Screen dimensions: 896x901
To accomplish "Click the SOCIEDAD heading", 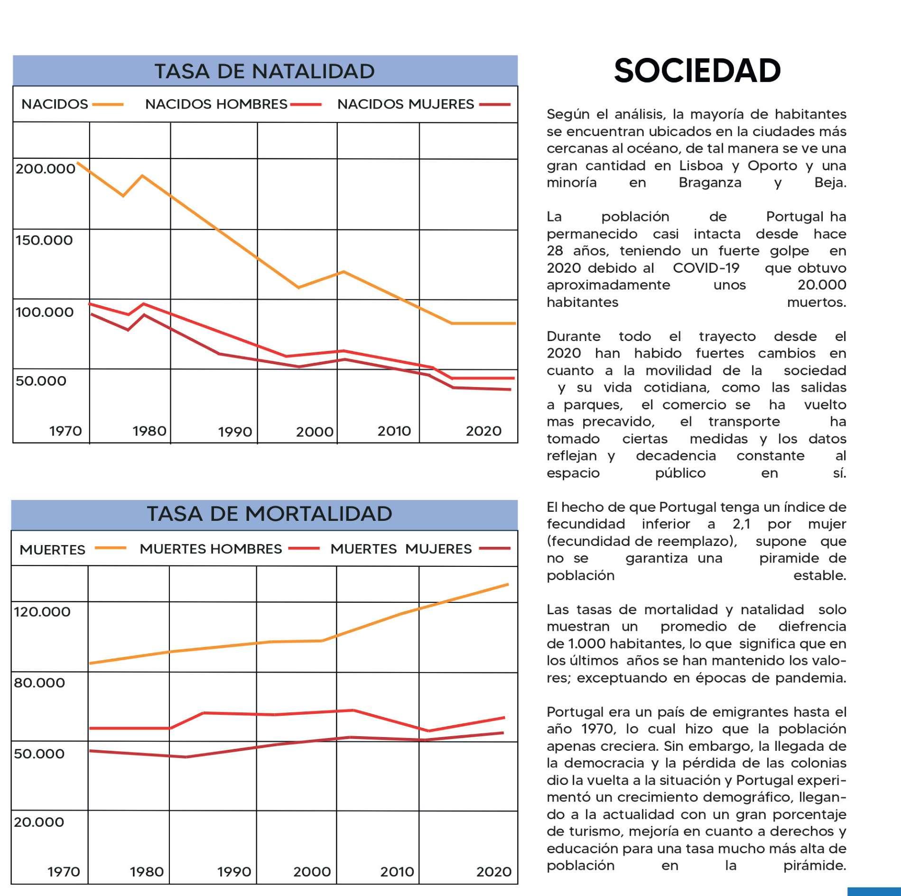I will tap(697, 71).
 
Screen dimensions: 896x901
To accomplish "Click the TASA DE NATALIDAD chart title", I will tap(264, 71).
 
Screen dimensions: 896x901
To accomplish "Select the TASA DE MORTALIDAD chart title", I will tap(269, 514).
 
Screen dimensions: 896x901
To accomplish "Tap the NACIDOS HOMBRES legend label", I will tap(216, 104).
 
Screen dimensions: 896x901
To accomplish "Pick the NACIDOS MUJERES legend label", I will tap(406, 104).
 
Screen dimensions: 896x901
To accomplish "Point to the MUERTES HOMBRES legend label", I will tap(211, 549).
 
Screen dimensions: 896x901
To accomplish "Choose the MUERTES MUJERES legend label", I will tap(401, 549).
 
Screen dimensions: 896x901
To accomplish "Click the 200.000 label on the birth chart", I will tap(46, 168).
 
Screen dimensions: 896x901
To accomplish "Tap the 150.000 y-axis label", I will tap(44, 240).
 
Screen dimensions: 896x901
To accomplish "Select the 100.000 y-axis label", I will tap(45, 312).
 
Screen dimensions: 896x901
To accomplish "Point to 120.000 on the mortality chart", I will tap(42, 611).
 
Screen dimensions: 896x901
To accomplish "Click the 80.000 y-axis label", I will tap(39, 683).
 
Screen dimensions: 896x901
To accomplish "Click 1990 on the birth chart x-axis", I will tap(235, 432).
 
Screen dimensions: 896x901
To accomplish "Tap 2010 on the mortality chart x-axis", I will tap(397, 871).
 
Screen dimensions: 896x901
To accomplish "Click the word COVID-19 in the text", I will tap(706, 268).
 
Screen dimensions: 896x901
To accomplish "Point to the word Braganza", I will tap(710, 183).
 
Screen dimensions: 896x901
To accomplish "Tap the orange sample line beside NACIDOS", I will tap(108, 104).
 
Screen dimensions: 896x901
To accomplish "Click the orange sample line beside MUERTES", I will tap(110, 548).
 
